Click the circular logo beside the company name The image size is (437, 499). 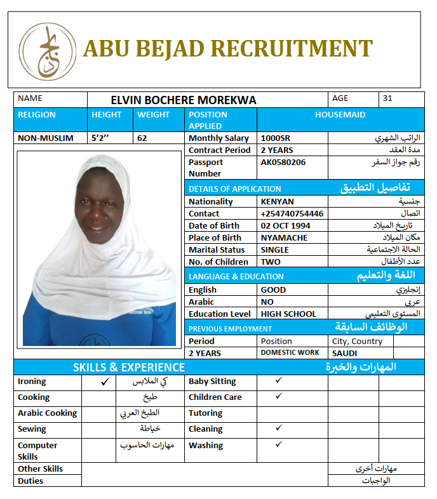48,51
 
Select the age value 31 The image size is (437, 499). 388,98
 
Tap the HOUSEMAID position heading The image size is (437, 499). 340,115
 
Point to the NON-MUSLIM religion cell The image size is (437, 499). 46,138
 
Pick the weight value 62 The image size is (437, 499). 142,138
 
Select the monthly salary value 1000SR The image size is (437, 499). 274,138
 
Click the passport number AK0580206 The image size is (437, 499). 283,162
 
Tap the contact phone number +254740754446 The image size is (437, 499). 292,213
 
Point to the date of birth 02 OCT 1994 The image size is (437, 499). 286,225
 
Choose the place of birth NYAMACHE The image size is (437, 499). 284,237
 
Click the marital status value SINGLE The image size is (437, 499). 275,250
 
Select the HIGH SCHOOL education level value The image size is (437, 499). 288,314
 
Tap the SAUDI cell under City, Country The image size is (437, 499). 345,353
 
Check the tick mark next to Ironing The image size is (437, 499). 105,382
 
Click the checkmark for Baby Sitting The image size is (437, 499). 278,380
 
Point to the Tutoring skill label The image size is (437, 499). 205,413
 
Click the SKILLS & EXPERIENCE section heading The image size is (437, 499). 129,367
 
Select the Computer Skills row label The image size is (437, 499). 37,451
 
